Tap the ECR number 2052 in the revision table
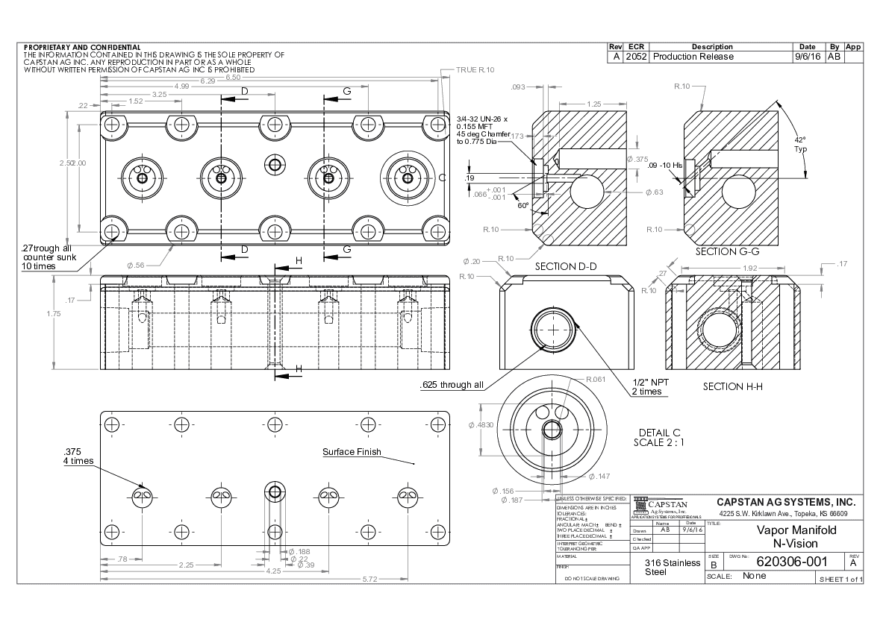[637, 57]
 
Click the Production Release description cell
[693, 57]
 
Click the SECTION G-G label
[727, 251]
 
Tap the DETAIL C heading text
[660, 433]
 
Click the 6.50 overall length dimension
[233, 78]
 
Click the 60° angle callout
[523, 205]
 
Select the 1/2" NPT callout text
[651, 382]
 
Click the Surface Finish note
[352, 452]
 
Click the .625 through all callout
[452, 385]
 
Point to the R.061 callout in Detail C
[595, 379]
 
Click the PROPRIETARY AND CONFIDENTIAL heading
[82, 47]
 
